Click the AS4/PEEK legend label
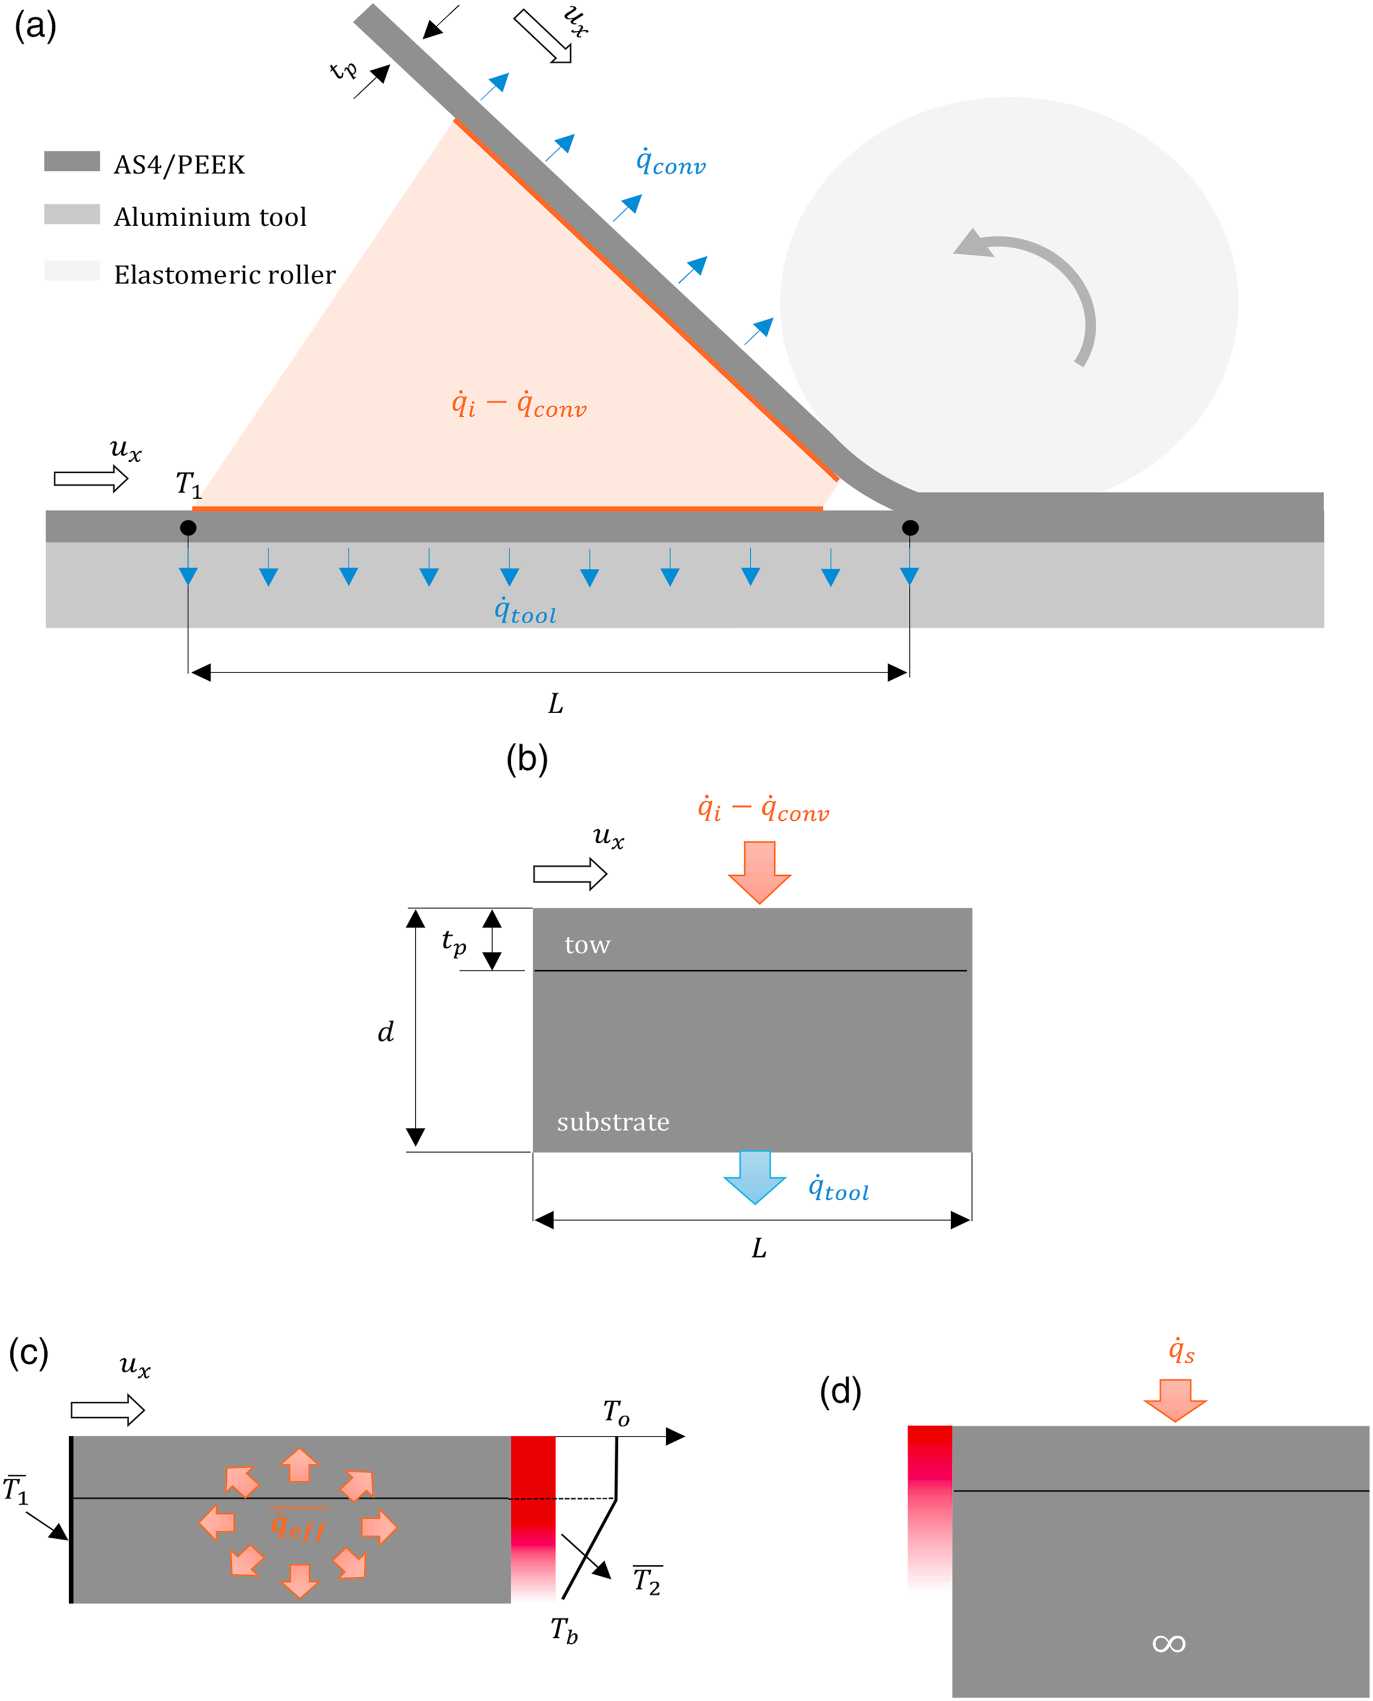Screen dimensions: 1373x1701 pyautogui.click(x=180, y=165)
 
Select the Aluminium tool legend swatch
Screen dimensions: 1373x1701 pyautogui.click(x=72, y=214)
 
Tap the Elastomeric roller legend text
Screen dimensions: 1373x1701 pyautogui.click(x=225, y=275)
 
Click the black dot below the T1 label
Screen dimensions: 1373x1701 pyautogui.click(x=188, y=528)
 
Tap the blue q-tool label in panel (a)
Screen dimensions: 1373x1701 pyautogui.click(x=525, y=611)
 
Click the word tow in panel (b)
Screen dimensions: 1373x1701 pyautogui.click(x=588, y=945)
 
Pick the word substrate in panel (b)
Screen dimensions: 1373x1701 pyautogui.click(x=613, y=1122)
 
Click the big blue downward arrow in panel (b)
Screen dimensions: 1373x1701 pyautogui.click(x=755, y=1177)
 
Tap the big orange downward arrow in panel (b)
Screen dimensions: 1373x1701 pyautogui.click(x=759, y=872)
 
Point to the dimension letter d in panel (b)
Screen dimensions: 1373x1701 pyautogui.click(x=386, y=1031)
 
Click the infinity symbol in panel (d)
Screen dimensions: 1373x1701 pyautogui.click(x=1169, y=1644)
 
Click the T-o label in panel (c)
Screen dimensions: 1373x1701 pyautogui.click(x=616, y=1412)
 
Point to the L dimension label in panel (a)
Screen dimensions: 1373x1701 pyautogui.click(x=556, y=703)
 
